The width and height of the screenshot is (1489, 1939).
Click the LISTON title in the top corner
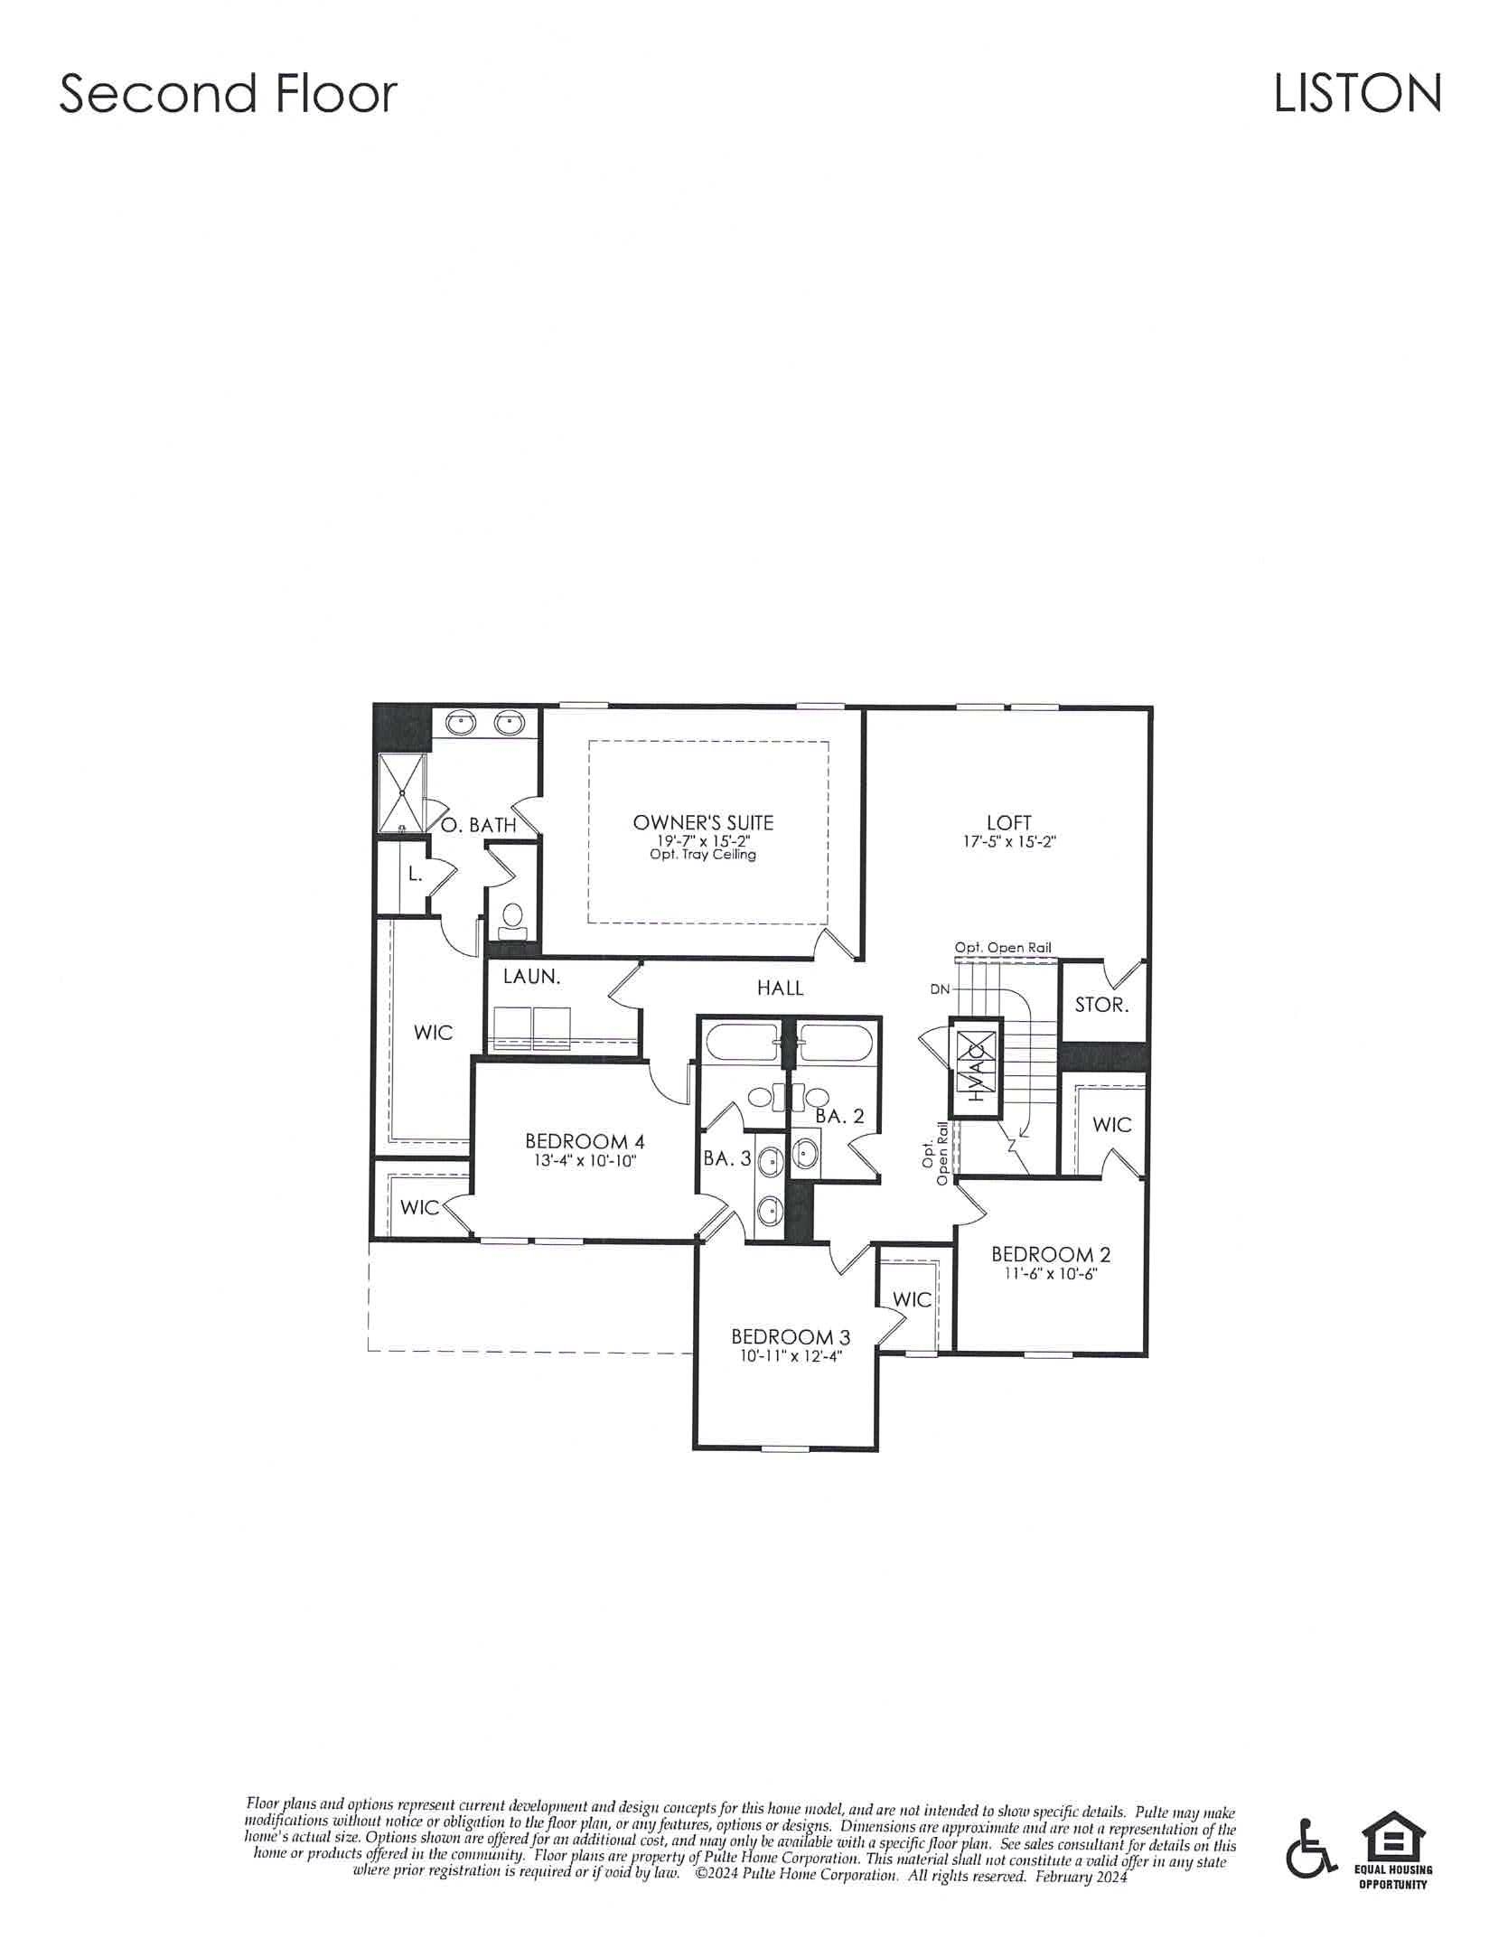point(1357,94)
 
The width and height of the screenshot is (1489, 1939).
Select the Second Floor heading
point(229,94)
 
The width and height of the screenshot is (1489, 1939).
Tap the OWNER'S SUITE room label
point(703,823)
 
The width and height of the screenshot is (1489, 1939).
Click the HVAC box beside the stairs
point(975,1069)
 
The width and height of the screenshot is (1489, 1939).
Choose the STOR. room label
point(1101,1005)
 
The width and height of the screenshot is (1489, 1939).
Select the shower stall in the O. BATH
point(400,792)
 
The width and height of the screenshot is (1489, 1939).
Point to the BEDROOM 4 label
point(585,1141)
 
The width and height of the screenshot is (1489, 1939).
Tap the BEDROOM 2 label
point(1051,1254)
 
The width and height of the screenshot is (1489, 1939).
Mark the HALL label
point(781,988)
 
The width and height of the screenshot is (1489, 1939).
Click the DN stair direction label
point(940,989)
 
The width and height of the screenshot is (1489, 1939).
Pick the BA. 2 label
point(839,1116)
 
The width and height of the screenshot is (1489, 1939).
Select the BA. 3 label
point(727,1158)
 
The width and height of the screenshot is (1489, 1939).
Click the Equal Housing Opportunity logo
point(1393,1843)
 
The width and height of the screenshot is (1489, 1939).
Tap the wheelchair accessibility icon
point(1311,1845)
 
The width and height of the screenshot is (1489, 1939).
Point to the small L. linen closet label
point(415,875)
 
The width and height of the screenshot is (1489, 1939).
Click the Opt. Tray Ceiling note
point(703,855)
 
